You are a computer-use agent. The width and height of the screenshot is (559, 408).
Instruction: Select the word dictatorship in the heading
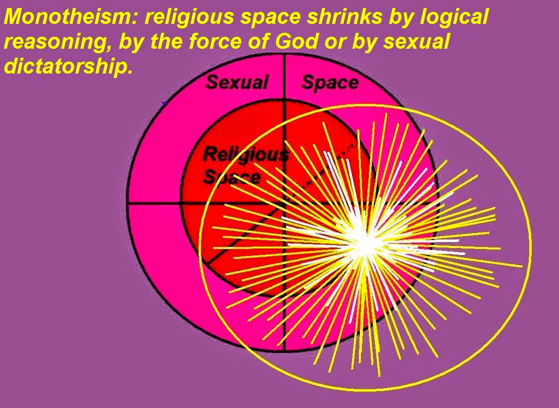[x=68, y=67]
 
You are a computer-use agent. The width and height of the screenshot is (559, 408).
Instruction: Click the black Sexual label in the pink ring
[x=237, y=82]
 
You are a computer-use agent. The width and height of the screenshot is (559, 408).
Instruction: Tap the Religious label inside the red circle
[x=245, y=155]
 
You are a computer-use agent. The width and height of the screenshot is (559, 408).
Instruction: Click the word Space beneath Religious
[x=232, y=177]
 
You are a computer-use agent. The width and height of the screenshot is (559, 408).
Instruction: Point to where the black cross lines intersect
[x=284, y=203]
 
